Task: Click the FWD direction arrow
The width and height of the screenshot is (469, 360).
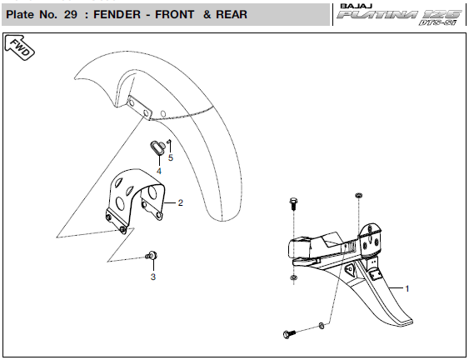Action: pyautogui.click(x=20, y=47)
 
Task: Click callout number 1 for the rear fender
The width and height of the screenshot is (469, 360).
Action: pyautogui.click(x=407, y=289)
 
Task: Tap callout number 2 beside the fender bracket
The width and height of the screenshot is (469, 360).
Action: pyautogui.click(x=181, y=202)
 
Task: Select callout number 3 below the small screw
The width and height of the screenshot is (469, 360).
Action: pyautogui.click(x=153, y=277)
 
